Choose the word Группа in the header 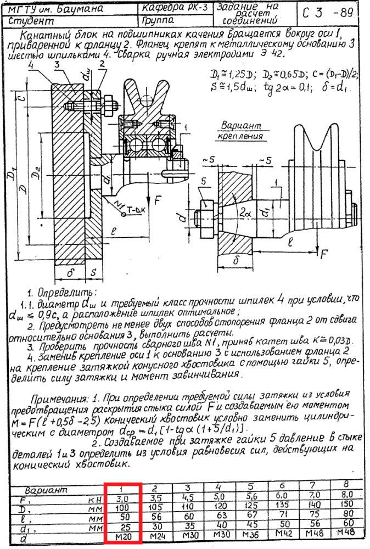[159, 21]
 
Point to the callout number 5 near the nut [204, 182]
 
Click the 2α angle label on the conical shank [244, 211]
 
